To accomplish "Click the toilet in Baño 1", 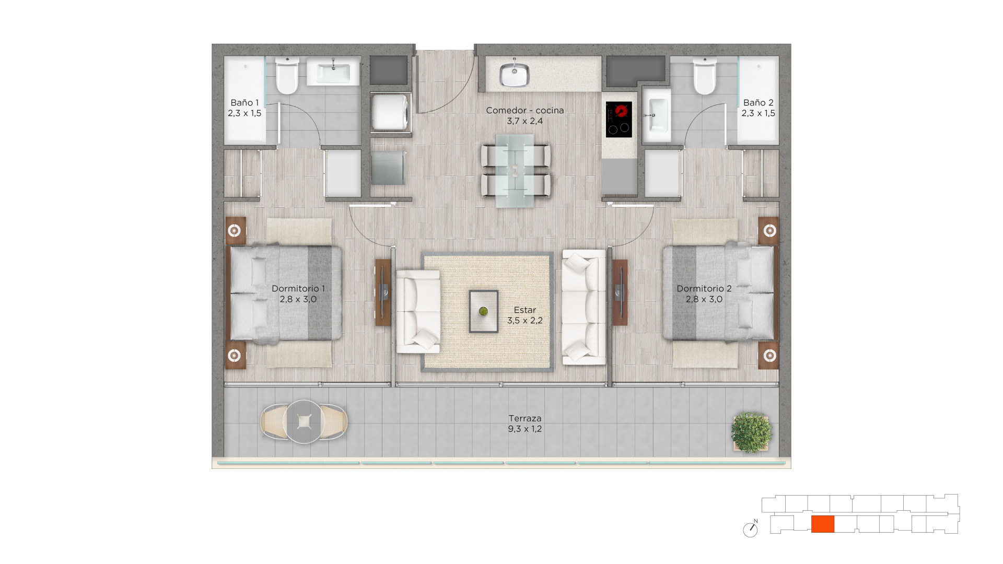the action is coord(287,76).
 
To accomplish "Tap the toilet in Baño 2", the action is coord(704,76).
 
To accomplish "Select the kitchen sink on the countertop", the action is coord(515,74).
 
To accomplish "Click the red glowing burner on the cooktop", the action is coord(621,111).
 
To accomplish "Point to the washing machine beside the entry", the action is coord(390,112).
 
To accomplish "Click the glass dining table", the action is coord(515,171).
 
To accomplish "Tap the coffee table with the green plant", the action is coord(483,311).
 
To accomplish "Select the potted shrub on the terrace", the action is coord(751,431).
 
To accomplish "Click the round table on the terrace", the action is coord(304,421).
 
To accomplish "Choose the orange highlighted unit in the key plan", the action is coord(823,524).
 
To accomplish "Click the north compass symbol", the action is coord(751,529).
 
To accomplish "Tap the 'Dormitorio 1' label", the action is coord(298,288).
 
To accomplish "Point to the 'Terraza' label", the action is coord(525,418).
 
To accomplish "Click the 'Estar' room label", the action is coord(525,310).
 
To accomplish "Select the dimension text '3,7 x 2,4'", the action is coord(525,121).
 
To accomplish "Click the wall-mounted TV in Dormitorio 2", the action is coord(620,292).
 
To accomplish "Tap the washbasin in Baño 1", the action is coord(333,72).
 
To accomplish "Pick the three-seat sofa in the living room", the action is coord(584,307).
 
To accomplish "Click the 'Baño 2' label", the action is coord(759,102).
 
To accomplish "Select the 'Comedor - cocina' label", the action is coord(525,110).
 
